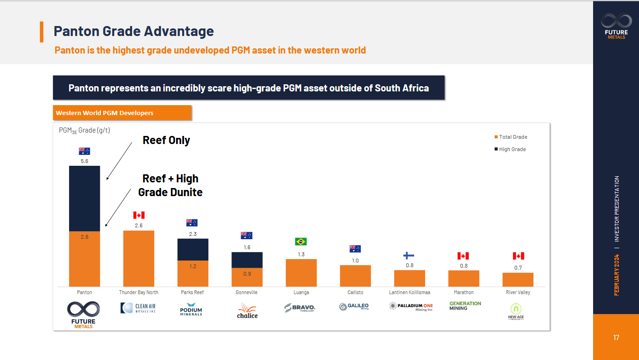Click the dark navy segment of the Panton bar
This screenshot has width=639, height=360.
coord(84,198)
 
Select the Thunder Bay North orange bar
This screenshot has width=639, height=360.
coord(138,258)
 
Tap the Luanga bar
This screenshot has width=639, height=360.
coord(301,272)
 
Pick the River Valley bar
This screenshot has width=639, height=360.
coord(518,279)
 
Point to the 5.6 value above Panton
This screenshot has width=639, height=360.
coord(84,161)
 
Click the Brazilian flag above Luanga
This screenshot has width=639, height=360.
coord(301,242)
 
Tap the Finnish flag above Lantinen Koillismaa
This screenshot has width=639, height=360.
coord(409,255)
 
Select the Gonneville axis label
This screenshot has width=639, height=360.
coord(247,292)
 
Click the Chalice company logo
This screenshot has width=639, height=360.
coord(247,310)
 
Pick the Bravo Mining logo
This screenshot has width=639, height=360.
coord(300,308)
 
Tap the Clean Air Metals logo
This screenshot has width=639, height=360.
coord(138,308)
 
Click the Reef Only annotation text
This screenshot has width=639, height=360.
coord(166,140)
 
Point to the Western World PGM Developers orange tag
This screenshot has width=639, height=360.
coord(122,113)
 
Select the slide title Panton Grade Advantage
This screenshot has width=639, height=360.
coord(133,31)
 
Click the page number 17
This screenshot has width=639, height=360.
coord(616,338)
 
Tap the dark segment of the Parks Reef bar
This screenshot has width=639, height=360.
coord(193,249)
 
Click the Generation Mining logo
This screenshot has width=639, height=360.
coord(465,306)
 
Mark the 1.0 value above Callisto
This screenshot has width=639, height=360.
coord(355,261)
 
